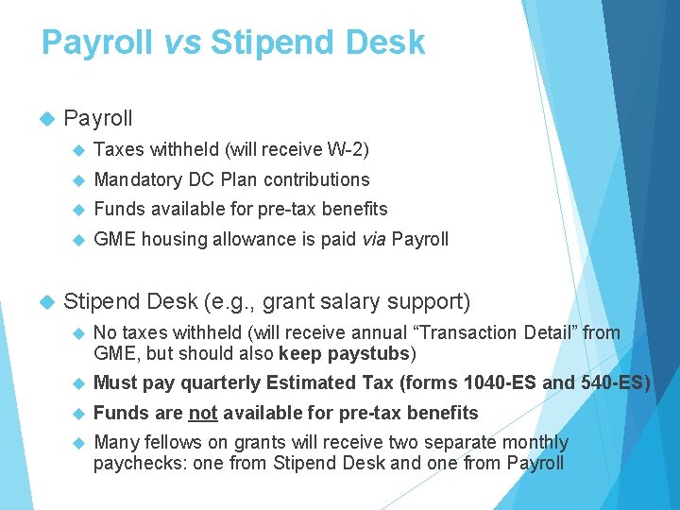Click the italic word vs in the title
point(178,42)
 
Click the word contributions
point(316,179)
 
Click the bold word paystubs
point(367,354)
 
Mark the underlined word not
point(202,413)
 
